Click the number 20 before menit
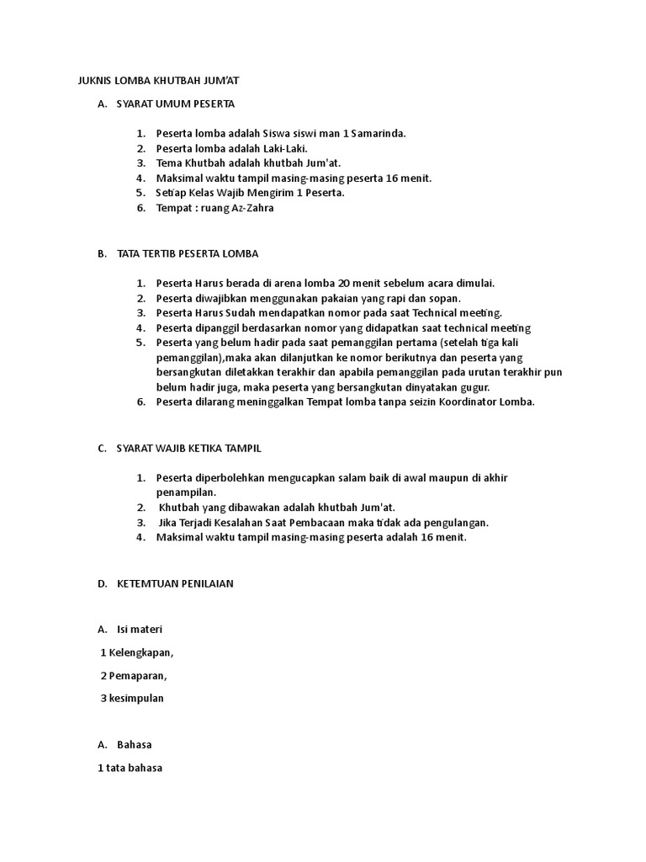[x=345, y=283]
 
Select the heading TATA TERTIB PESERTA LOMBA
[x=188, y=253]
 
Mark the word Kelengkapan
[x=140, y=652]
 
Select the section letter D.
[x=101, y=583]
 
